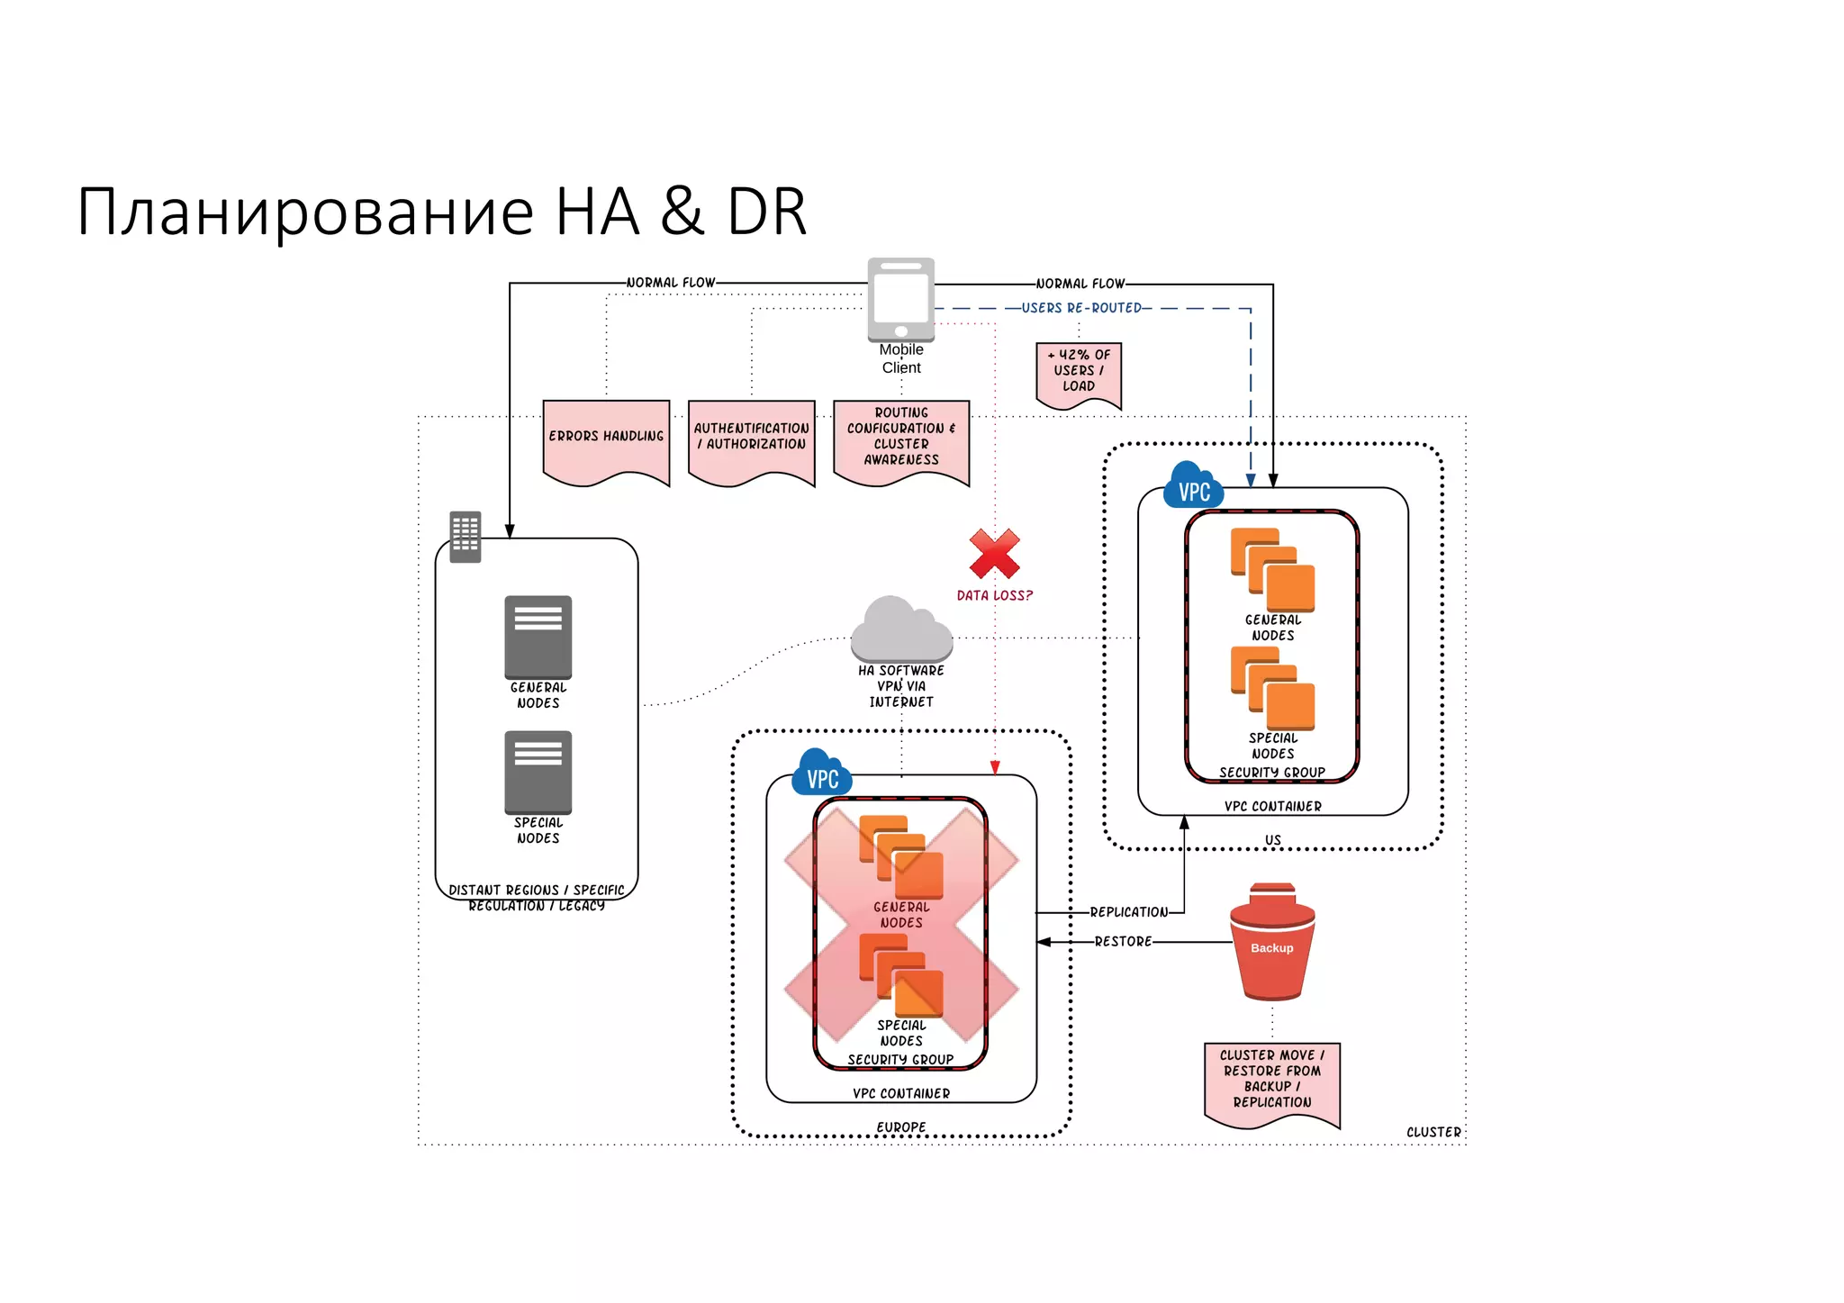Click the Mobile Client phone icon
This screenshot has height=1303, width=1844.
(900, 300)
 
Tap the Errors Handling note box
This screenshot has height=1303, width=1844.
(606, 439)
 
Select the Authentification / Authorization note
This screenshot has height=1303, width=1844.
(751, 439)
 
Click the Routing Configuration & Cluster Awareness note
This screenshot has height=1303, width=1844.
(901, 439)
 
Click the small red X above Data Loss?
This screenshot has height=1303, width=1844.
(994, 554)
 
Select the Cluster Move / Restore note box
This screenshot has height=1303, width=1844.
(1271, 1081)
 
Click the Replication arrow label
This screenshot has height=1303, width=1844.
(1128, 912)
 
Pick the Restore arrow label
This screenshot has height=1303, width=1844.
(1123, 942)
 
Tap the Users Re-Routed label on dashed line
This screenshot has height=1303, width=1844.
(1080, 308)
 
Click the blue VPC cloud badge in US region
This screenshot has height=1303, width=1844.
(1193, 488)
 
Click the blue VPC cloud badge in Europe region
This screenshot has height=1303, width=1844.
(821, 775)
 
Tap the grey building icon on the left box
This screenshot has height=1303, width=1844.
(465, 537)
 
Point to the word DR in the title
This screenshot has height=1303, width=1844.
(766, 213)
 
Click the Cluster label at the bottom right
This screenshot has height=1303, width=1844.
(1433, 1132)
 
